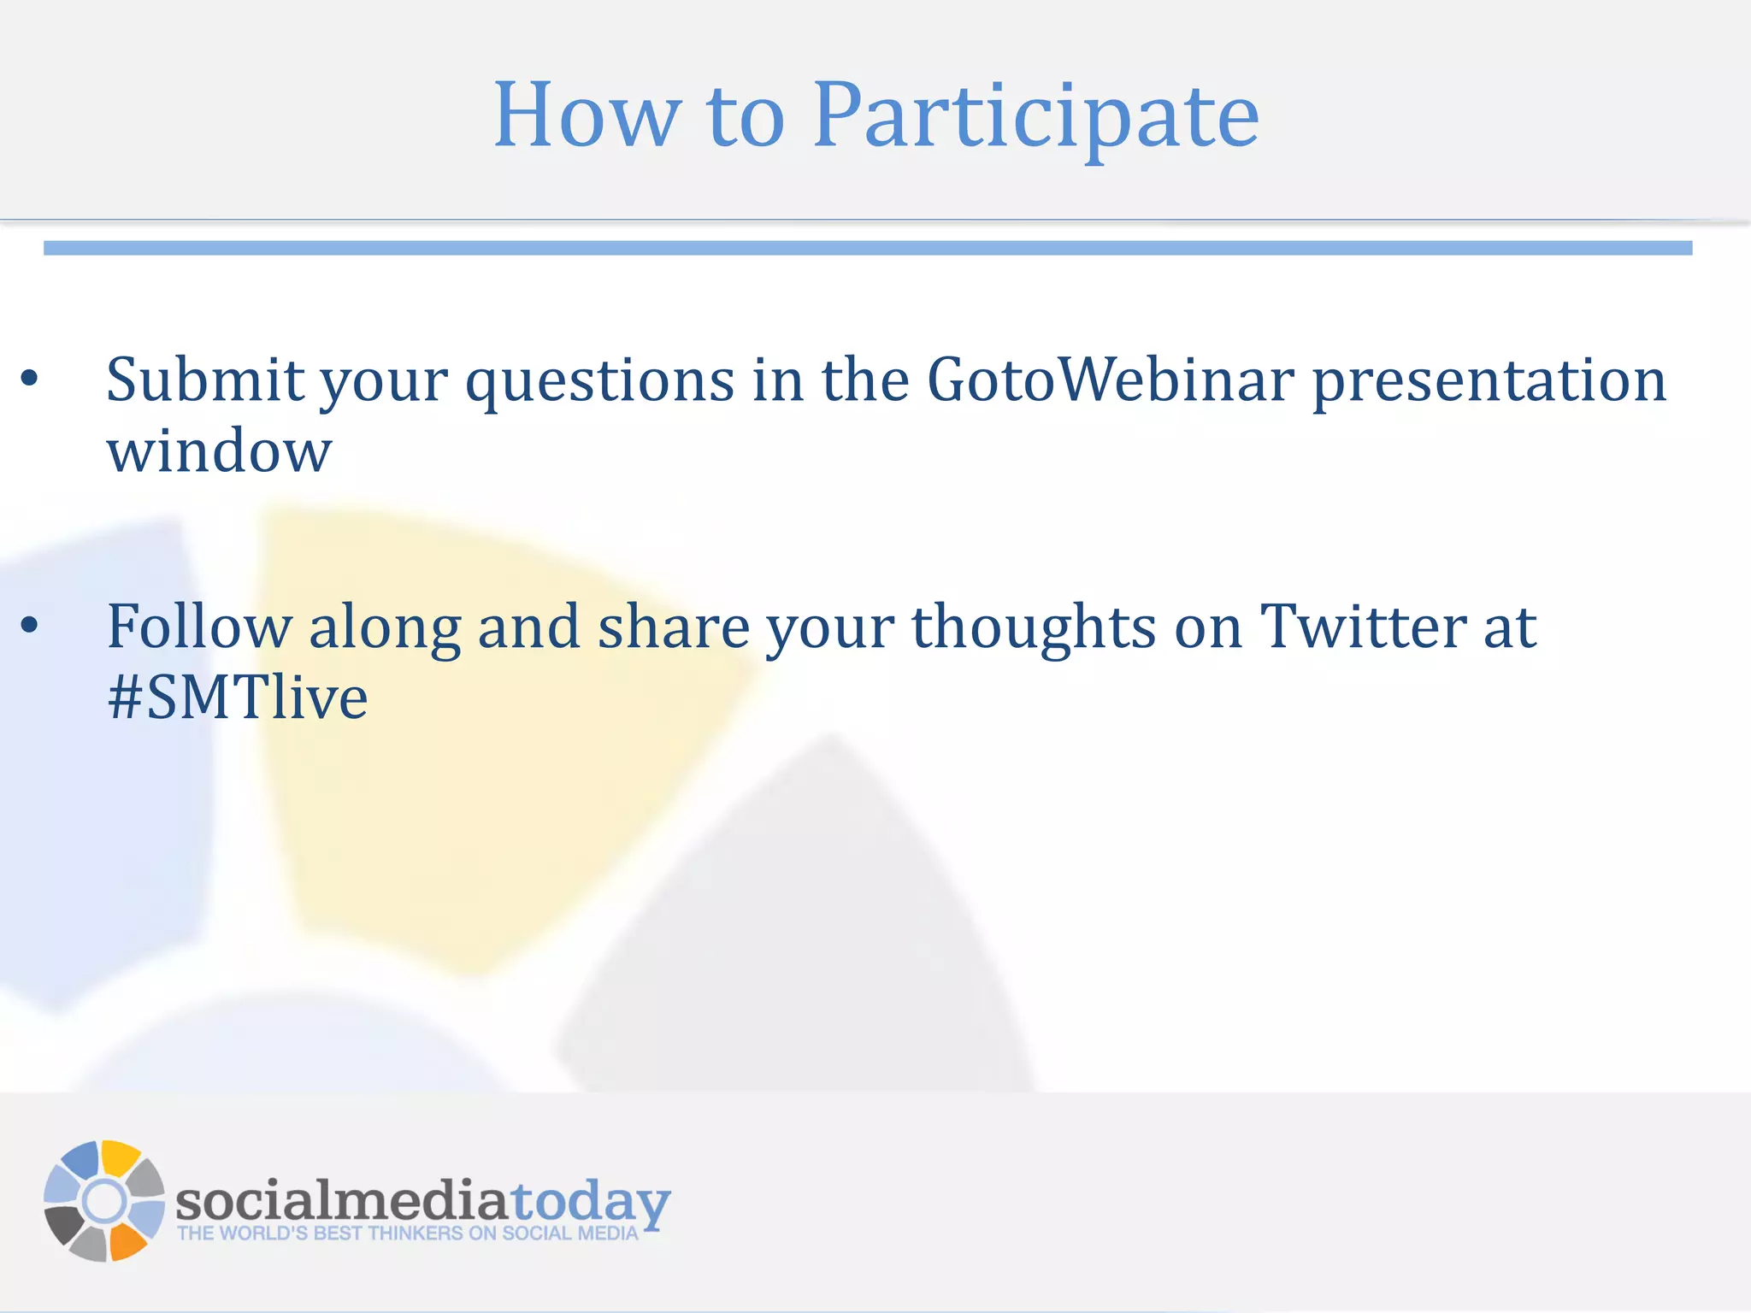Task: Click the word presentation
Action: click(1489, 381)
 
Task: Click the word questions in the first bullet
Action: click(599, 381)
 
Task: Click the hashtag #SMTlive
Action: click(238, 698)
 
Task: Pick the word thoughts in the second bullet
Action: click(1034, 628)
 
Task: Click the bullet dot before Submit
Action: click(30, 380)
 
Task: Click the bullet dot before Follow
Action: click(30, 627)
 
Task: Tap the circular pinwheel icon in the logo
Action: click(104, 1200)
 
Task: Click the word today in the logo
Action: click(590, 1202)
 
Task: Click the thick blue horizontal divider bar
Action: click(867, 248)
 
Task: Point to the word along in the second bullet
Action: click(384, 628)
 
